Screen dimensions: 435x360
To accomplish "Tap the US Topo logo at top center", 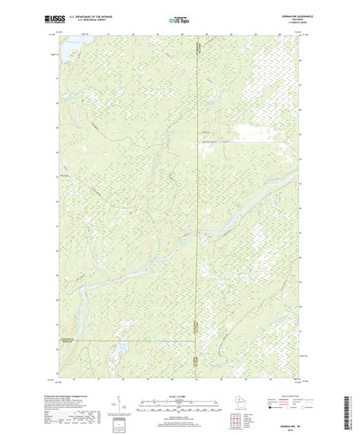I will tap(179, 18).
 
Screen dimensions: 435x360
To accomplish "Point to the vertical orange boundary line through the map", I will tap(198, 180).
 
